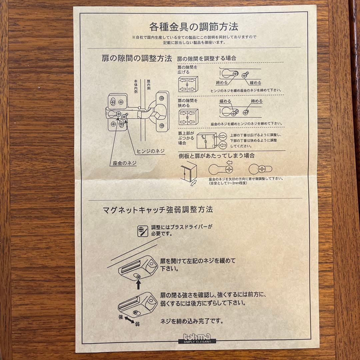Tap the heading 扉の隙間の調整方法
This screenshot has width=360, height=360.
137,59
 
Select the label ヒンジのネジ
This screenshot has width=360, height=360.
151,151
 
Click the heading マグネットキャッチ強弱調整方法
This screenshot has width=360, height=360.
158,210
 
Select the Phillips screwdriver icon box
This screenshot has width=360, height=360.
143,231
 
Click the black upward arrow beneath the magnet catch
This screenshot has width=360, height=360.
138,285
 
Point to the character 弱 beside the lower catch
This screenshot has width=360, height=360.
137,324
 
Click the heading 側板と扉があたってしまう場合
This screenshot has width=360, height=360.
217,155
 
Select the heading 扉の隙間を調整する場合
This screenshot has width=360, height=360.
206,58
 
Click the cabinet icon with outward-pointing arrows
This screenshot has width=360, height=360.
188,84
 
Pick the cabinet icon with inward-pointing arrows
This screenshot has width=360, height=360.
188,117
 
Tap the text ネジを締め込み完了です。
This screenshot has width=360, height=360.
192,322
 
